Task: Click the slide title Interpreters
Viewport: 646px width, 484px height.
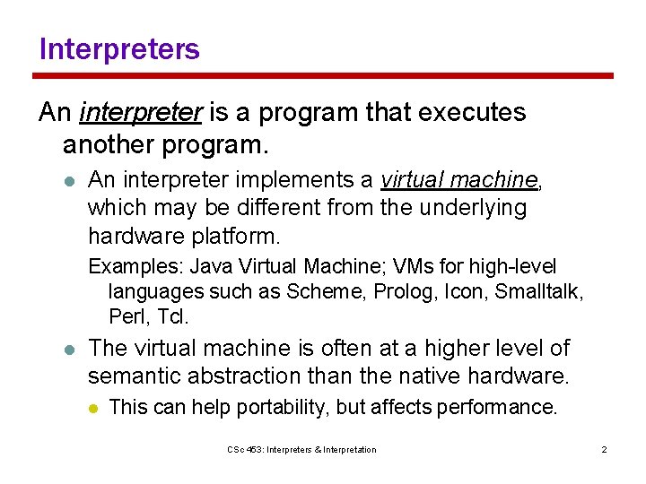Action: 119,48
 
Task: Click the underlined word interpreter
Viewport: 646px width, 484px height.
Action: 141,113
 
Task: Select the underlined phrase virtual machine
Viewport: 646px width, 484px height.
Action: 458,180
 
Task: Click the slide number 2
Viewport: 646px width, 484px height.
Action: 604,449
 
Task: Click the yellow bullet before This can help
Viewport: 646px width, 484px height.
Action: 93,408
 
